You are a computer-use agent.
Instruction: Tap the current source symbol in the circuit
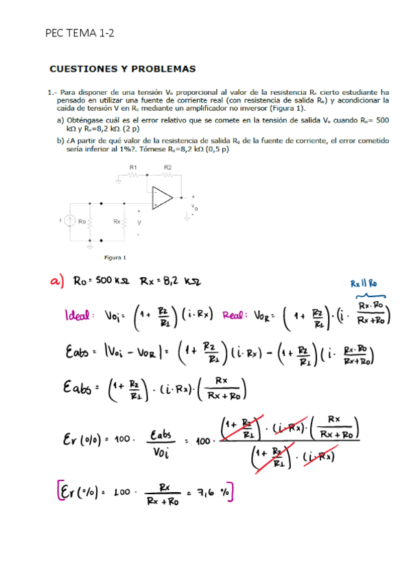(69, 221)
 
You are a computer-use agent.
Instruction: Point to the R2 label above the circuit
(168, 167)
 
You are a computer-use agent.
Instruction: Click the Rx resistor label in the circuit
(117, 222)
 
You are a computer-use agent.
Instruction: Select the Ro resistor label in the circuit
(83, 222)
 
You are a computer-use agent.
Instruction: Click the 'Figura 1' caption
(114, 257)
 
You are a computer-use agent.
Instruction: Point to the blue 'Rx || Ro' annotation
(364, 283)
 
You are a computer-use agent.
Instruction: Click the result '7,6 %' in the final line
(213, 491)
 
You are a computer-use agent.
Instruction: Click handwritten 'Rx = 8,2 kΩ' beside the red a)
(170, 281)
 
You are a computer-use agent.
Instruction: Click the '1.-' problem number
(52, 91)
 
